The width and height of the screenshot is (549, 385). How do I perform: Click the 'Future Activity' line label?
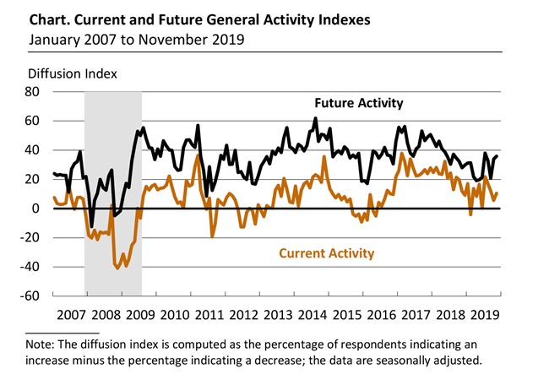coord(359,104)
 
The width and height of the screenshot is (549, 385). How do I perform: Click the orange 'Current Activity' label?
coord(328,252)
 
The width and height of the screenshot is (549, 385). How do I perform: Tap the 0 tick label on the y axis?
coord(39,209)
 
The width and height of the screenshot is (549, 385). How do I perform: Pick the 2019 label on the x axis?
coord(485,315)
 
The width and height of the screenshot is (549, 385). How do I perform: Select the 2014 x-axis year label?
coord(312,315)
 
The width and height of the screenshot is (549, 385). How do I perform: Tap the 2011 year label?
coord(208,315)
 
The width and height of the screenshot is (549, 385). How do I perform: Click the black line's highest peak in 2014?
coord(315,118)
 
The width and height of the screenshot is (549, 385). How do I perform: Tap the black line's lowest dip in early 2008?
coord(92,226)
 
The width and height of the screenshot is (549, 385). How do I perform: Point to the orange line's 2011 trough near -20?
coord(212,236)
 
